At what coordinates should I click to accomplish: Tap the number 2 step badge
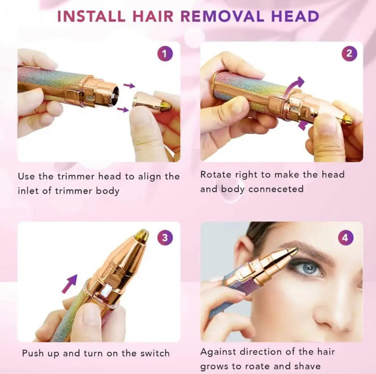point(349,54)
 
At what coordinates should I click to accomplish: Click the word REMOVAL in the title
point(229,16)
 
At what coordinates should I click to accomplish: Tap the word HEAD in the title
point(295,16)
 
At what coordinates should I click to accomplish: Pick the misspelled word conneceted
point(276,189)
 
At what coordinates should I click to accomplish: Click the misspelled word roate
point(265,366)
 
